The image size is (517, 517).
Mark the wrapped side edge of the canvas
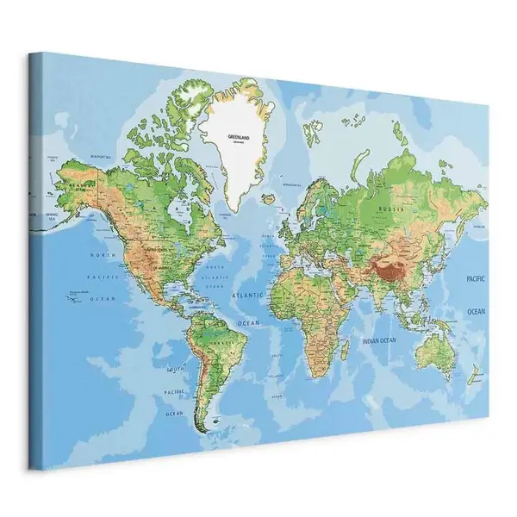tap(39, 258)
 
